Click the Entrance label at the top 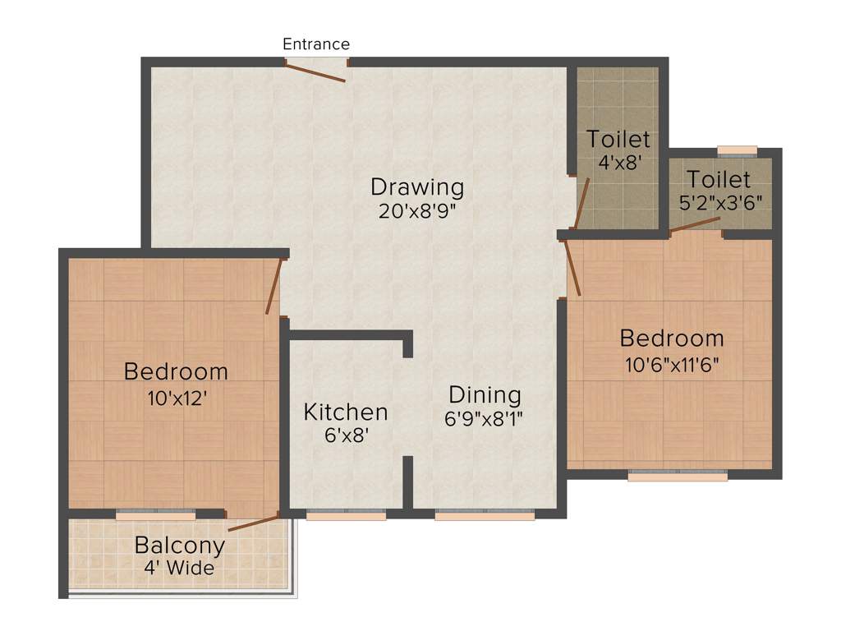[x=316, y=44]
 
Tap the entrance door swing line [x=315, y=72]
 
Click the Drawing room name [x=416, y=187]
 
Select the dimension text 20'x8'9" [x=416, y=211]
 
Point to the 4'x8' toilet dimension [x=618, y=163]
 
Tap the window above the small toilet [x=737, y=150]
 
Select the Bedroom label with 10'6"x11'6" [x=672, y=338]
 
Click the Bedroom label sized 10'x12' [x=176, y=371]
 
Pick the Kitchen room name [x=346, y=412]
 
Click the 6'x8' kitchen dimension [x=346, y=435]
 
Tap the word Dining [x=484, y=395]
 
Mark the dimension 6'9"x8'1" [x=484, y=418]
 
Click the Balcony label [x=179, y=545]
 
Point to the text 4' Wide [x=179, y=568]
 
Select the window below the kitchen [x=346, y=515]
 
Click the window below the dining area [x=485, y=515]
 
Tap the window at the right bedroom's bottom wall [x=678, y=475]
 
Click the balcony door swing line [x=254, y=523]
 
